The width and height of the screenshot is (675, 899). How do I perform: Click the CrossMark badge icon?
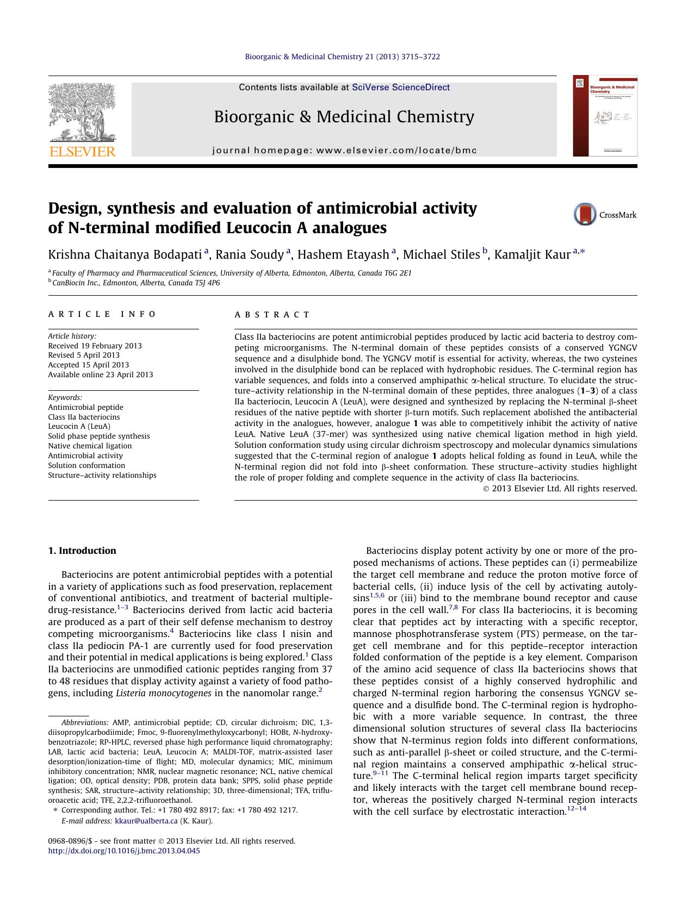pyautogui.click(x=585, y=214)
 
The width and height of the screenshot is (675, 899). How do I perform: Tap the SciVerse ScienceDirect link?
pyautogui.click(x=401, y=87)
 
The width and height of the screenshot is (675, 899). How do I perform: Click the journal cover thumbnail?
pyautogui.click(x=605, y=116)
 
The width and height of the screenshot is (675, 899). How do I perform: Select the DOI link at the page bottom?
pyautogui.click(x=124, y=851)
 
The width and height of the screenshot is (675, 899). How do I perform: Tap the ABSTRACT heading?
pyautogui.click(x=272, y=315)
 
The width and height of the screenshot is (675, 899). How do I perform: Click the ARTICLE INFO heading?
pyautogui.click(x=102, y=314)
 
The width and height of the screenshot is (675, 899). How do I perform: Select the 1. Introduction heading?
pyautogui.click(x=82, y=551)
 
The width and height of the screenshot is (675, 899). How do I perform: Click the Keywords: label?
pyautogui.click(x=65, y=397)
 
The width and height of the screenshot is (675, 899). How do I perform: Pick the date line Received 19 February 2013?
pyautogui.click(x=95, y=346)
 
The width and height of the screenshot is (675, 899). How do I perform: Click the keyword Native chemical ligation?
pyautogui.click(x=90, y=446)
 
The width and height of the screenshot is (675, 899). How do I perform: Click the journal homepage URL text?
pyautogui.click(x=344, y=151)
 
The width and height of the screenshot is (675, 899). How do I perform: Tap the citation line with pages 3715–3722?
pyautogui.click(x=342, y=57)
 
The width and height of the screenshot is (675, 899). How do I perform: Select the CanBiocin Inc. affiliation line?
pyautogui.click(x=136, y=283)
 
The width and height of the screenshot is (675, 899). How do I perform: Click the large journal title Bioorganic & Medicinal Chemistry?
pyautogui.click(x=344, y=116)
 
